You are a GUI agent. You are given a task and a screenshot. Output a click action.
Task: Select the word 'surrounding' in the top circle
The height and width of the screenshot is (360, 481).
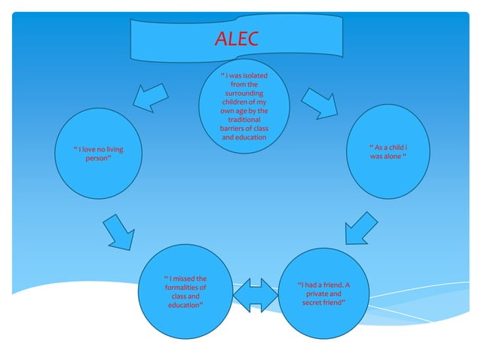tap(244, 93)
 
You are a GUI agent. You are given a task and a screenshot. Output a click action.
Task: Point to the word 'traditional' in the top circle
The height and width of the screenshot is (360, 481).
tap(244, 119)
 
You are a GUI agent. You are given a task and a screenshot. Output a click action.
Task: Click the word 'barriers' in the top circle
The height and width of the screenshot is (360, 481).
tap(232, 128)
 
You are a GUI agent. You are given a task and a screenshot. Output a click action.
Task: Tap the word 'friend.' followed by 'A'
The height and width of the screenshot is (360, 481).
tap(329, 285)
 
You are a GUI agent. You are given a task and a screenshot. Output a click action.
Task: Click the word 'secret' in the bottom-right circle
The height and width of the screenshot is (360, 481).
tap(313, 303)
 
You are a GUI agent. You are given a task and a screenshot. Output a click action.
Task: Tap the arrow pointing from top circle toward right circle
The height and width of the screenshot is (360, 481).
tap(320, 103)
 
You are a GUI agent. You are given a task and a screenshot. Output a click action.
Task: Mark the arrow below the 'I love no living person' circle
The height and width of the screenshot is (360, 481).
tap(118, 231)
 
